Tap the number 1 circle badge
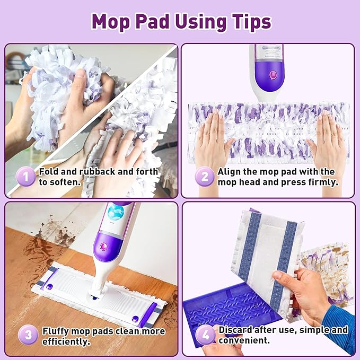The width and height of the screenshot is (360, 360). click(25, 177)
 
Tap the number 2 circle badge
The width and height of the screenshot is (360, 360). click(204, 177)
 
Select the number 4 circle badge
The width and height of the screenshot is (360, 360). click(205, 335)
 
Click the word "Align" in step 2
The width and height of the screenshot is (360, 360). click(230, 171)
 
